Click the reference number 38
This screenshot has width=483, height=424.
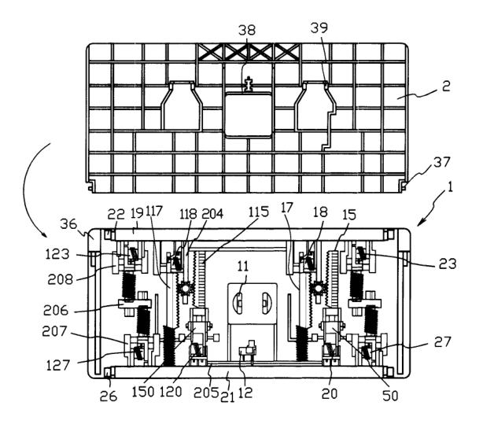(x=247, y=30)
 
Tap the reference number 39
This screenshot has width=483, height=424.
(x=319, y=28)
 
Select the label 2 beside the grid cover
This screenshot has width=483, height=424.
(x=446, y=86)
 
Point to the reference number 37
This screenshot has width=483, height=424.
(x=442, y=162)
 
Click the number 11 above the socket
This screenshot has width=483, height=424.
(x=243, y=266)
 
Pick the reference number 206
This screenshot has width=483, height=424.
(x=56, y=310)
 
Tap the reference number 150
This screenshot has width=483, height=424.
(x=143, y=392)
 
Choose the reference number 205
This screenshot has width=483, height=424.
(x=206, y=393)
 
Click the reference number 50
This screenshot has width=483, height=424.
(x=390, y=396)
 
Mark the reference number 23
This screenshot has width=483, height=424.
(x=448, y=264)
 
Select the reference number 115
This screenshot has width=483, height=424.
(x=259, y=212)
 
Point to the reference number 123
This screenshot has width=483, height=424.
(x=57, y=255)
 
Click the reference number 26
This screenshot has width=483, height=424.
(x=109, y=396)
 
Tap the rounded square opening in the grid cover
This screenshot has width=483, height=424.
(x=249, y=116)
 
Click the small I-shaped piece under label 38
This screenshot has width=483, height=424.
(x=248, y=85)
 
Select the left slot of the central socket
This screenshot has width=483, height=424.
(x=238, y=304)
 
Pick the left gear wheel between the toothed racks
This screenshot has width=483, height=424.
(x=186, y=289)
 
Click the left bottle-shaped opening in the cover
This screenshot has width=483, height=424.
(x=182, y=105)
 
